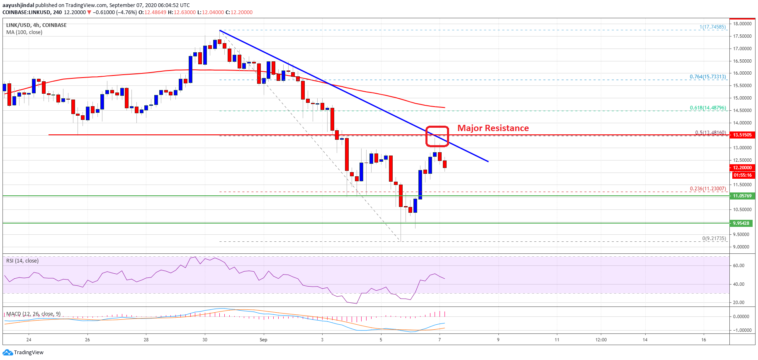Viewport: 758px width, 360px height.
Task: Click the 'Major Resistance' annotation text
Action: coord(493,128)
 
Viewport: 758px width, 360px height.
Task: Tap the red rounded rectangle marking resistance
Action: coord(437,136)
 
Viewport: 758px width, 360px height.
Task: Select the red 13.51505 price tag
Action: coord(741,135)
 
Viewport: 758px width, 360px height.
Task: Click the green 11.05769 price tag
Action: coord(741,196)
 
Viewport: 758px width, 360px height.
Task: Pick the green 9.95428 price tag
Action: coord(741,223)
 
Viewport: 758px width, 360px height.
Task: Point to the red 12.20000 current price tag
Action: coord(741,168)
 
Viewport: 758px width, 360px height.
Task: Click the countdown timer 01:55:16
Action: coord(741,175)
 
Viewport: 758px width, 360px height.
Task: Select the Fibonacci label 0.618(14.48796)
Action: coord(707,108)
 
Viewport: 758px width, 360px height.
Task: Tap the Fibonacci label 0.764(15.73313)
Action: coord(707,77)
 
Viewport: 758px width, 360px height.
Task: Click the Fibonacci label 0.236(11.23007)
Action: coord(707,189)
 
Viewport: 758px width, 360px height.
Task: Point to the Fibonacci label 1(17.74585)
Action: coord(712,27)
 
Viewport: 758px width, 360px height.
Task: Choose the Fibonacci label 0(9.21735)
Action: coord(714,238)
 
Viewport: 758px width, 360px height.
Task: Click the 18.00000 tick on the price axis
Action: coord(741,24)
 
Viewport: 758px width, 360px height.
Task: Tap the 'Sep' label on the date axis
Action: coord(263,340)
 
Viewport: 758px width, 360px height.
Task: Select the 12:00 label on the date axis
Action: coord(601,340)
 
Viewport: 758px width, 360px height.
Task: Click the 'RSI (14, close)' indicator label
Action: coord(22,261)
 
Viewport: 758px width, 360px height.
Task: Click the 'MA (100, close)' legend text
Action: coord(24,32)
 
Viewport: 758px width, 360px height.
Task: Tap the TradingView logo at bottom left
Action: coord(23,353)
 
